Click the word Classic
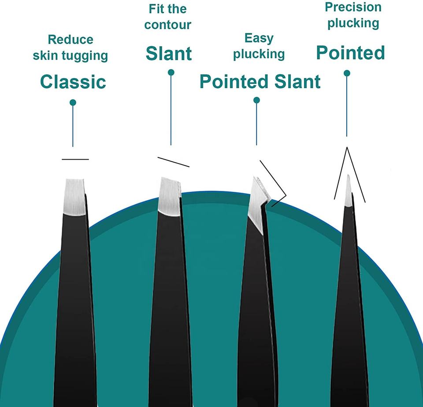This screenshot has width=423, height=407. (73, 82)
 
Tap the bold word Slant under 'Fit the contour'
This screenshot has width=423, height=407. (169, 54)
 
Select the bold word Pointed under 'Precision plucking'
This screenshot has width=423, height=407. (351, 53)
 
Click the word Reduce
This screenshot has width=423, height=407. (70, 40)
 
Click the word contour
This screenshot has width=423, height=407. (168, 24)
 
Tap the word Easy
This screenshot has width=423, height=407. (259, 38)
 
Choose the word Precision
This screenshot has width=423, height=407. (353, 7)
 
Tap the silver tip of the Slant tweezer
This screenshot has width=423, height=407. (169, 195)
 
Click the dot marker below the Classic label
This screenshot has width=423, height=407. (73, 103)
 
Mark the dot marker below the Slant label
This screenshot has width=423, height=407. (171, 72)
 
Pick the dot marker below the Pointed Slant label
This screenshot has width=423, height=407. (256, 101)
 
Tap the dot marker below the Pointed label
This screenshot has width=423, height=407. (347, 73)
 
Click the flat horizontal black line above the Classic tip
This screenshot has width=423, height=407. (75, 159)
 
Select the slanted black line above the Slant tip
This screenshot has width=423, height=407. (173, 162)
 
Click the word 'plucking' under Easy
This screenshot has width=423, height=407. (259, 55)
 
